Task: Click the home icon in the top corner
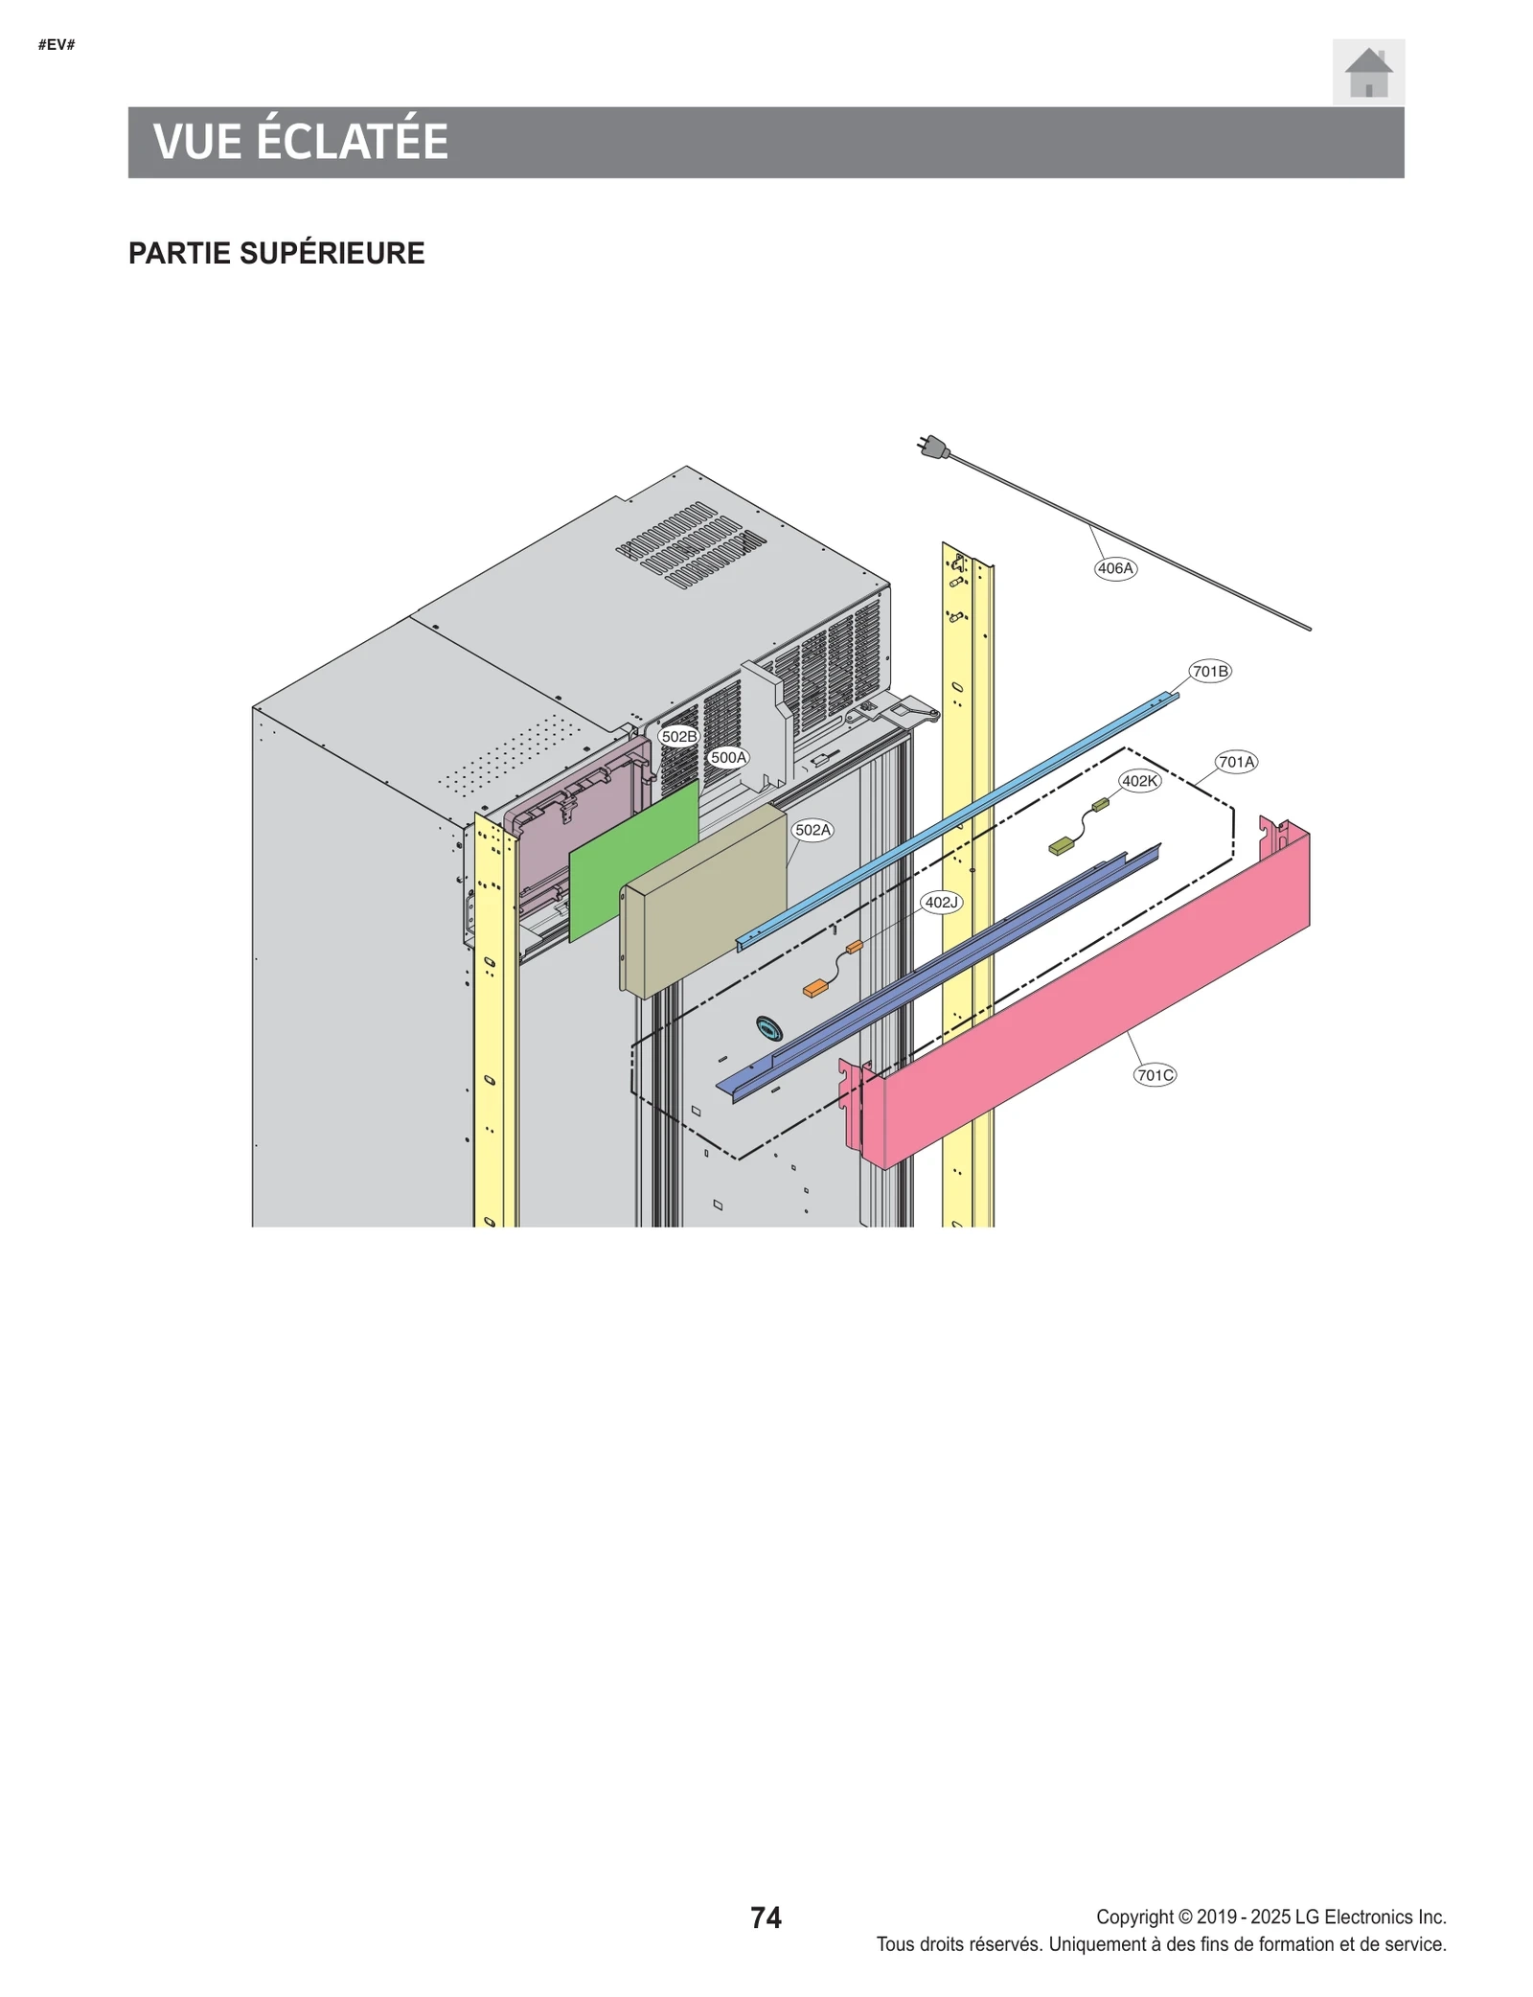pyautogui.click(x=1367, y=72)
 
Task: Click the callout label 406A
pyautogui.click(x=1114, y=568)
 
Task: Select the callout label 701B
pyautogui.click(x=1209, y=672)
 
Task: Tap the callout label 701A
pyautogui.click(x=1236, y=762)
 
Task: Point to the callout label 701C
pyautogui.click(x=1155, y=1075)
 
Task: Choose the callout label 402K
pyautogui.click(x=1139, y=781)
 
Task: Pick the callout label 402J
pyautogui.click(x=941, y=902)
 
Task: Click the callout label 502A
pyautogui.click(x=812, y=830)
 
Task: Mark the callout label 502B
pyautogui.click(x=678, y=737)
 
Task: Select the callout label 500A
pyautogui.click(x=728, y=757)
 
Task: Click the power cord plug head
pyautogui.click(x=933, y=447)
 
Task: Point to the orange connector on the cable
pyautogui.click(x=815, y=988)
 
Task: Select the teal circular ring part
pyautogui.click(x=768, y=1028)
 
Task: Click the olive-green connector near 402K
pyautogui.click(x=1061, y=846)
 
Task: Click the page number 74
pyautogui.click(x=766, y=1917)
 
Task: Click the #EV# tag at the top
pyautogui.click(x=57, y=45)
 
